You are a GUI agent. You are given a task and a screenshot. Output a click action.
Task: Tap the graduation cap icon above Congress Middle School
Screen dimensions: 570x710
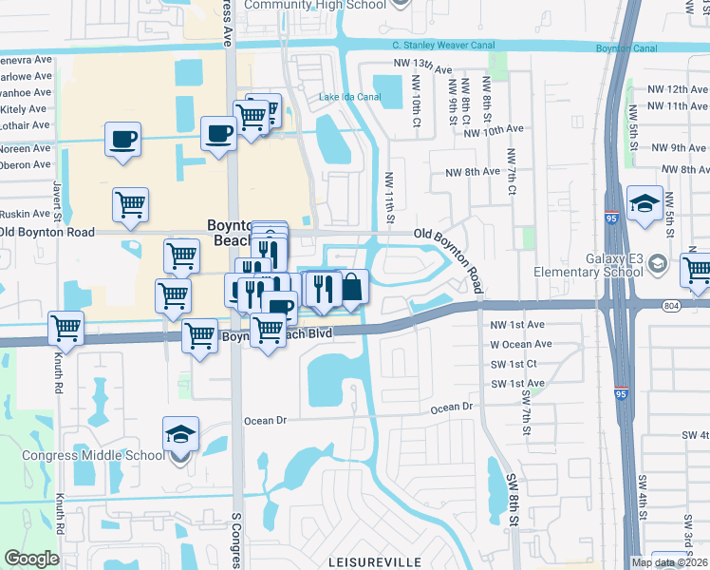(x=180, y=434)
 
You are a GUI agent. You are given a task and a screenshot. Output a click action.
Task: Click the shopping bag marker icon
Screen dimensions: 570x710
(x=351, y=287)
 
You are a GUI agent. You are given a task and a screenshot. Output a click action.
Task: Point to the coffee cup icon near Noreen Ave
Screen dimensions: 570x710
(x=123, y=139)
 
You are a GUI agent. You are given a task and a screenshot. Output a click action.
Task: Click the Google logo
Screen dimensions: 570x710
(x=31, y=559)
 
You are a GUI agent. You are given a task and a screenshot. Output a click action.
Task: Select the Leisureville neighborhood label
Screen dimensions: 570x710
(x=374, y=562)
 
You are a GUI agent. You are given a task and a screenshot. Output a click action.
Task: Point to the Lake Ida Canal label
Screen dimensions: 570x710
(x=349, y=97)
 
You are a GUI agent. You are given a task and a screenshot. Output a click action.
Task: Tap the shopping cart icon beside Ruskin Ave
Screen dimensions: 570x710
(x=130, y=202)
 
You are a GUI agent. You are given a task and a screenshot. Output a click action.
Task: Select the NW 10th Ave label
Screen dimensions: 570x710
(x=495, y=128)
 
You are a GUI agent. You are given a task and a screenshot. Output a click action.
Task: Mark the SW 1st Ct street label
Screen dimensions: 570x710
(x=514, y=364)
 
